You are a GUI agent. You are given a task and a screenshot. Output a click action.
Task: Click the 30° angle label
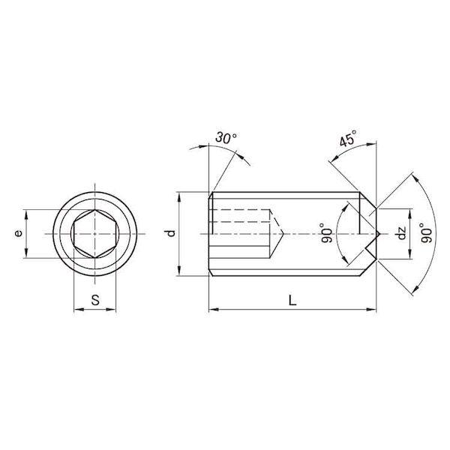tap(226, 137)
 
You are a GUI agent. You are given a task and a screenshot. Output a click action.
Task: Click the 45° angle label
tap(349, 138)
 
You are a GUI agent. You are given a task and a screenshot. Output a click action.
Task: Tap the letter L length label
tap(292, 301)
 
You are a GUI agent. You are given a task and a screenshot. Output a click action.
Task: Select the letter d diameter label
tap(171, 233)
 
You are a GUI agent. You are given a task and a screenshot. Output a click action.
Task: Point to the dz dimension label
tap(401, 233)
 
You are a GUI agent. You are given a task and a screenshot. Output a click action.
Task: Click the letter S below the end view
tap(95, 300)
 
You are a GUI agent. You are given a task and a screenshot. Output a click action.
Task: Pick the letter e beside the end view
tap(18, 233)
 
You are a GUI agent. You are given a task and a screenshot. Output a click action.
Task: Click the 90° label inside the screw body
tap(326, 232)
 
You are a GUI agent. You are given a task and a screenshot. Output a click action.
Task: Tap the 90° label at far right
tap(427, 232)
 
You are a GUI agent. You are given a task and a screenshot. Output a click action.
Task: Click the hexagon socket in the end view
tap(95, 233)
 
